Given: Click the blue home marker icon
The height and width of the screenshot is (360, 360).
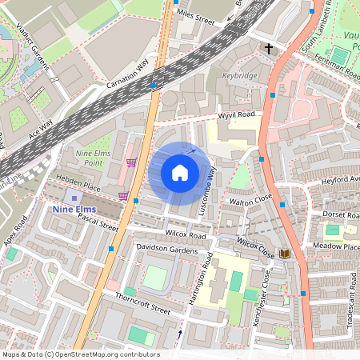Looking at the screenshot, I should tap(180, 173).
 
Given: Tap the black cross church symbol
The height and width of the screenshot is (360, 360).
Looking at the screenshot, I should tap(269, 50).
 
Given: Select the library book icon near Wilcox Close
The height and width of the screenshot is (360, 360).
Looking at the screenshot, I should tap(284, 254).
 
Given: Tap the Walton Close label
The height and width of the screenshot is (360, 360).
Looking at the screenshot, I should tap(251, 201).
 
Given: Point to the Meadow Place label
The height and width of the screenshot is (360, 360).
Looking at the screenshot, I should tap(336, 246).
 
